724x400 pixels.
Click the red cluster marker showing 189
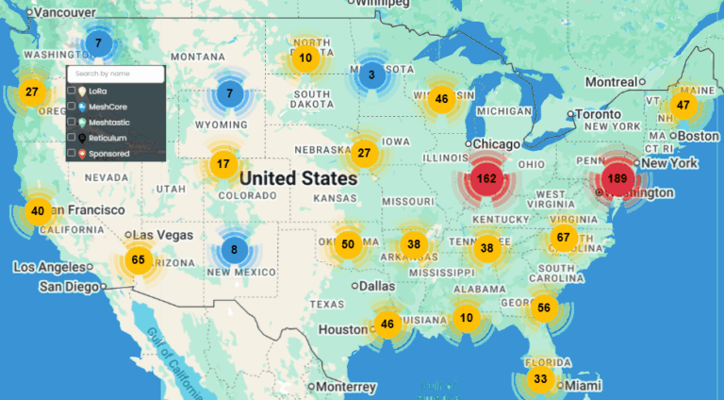pos(617,178)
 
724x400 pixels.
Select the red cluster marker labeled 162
pos(487,178)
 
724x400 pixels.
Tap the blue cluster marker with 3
pos(371,75)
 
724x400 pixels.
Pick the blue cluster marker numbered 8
pos(234,250)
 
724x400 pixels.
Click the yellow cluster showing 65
pos(139,260)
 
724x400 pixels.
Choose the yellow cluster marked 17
pos(223,164)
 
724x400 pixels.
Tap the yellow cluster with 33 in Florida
pos(540,379)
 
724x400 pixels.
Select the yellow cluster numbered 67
pos(564,237)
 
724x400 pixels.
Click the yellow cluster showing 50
pos(348,244)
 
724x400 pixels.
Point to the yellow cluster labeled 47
pos(683,105)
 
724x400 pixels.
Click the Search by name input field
pos(116,74)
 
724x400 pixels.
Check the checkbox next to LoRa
pos(72,92)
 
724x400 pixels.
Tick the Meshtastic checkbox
pos(72,123)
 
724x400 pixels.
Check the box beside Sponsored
pos(72,153)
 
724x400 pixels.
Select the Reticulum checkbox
pos(72,138)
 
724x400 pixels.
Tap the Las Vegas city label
pos(159,235)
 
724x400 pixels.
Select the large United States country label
pos(298,178)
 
